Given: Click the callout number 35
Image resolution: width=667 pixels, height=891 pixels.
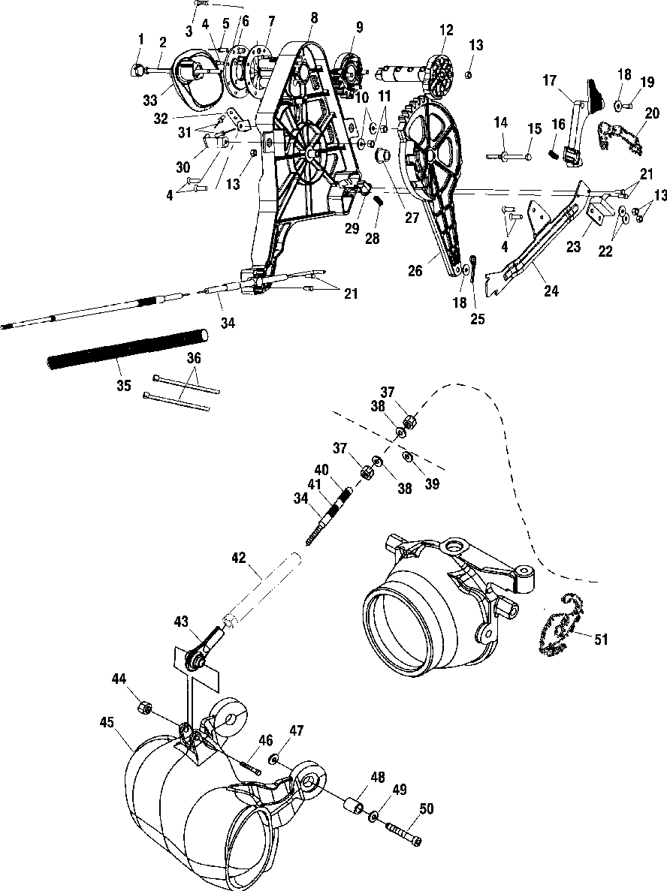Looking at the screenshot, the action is pyautogui.click(x=124, y=386).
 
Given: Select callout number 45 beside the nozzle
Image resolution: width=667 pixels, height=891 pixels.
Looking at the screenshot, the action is pyautogui.click(x=106, y=722).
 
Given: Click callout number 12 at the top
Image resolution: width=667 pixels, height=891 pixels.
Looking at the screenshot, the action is pyautogui.click(x=447, y=30).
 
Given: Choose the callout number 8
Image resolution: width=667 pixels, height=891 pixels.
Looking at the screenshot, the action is pyautogui.click(x=314, y=17).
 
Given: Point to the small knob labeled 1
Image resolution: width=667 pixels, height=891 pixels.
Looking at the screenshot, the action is pyautogui.click(x=137, y=70).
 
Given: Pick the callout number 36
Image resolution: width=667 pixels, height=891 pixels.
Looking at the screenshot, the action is pyautogui.click(x=194, y=360).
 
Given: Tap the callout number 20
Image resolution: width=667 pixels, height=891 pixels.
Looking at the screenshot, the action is pyautogui.click(x=651, y=113).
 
